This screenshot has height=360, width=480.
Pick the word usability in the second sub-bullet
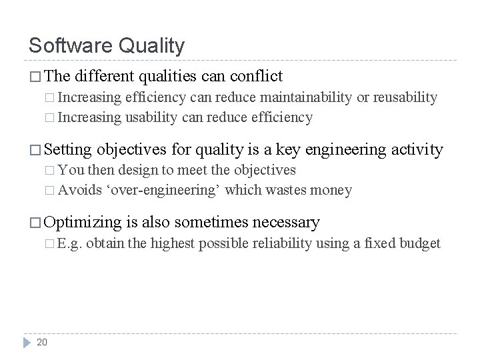pyautogui.click(x=145, y=118)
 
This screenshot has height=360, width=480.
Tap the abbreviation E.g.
pyautogui.click(x=69, y=243)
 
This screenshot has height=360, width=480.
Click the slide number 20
pyautogui.click(x=41, y=343)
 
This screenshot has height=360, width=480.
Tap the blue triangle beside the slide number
pyautogui.click(x=27, y=342)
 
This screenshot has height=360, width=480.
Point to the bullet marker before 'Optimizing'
pyautogui.click(x=35, y=222)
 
